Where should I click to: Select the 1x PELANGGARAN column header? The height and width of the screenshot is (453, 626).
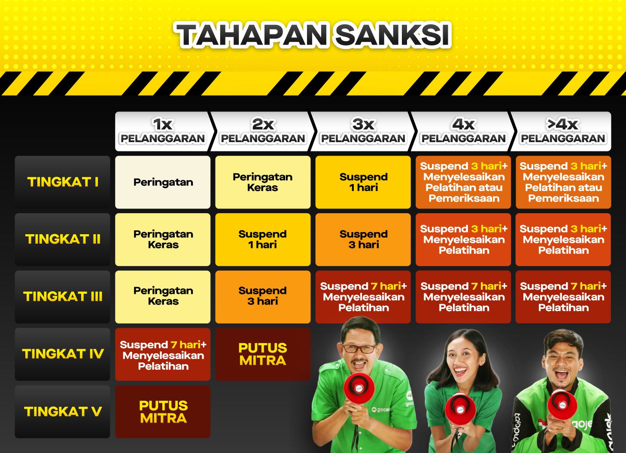163,131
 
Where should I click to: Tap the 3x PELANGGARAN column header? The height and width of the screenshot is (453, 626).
363,131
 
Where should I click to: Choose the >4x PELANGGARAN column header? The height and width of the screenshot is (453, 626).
562,131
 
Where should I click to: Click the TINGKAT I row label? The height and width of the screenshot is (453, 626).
63,182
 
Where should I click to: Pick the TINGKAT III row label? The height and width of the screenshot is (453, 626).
63,296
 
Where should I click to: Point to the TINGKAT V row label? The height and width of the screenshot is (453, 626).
63,411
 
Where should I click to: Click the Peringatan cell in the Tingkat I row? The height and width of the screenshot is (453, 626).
163,182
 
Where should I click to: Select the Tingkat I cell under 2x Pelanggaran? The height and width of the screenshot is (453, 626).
263,182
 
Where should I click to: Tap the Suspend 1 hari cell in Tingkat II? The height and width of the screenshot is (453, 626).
263,239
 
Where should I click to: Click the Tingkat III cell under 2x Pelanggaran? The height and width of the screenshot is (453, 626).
263,296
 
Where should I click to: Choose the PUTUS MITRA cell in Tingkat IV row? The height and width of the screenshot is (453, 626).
263,354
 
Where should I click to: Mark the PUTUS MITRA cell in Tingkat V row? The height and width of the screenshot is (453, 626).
163,411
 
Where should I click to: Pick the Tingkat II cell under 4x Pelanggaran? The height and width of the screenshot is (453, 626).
463,239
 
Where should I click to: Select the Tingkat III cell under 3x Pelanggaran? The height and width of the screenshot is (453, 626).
363,296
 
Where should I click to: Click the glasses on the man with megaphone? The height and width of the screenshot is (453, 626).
359,348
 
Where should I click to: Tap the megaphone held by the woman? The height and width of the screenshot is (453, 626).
460,408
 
